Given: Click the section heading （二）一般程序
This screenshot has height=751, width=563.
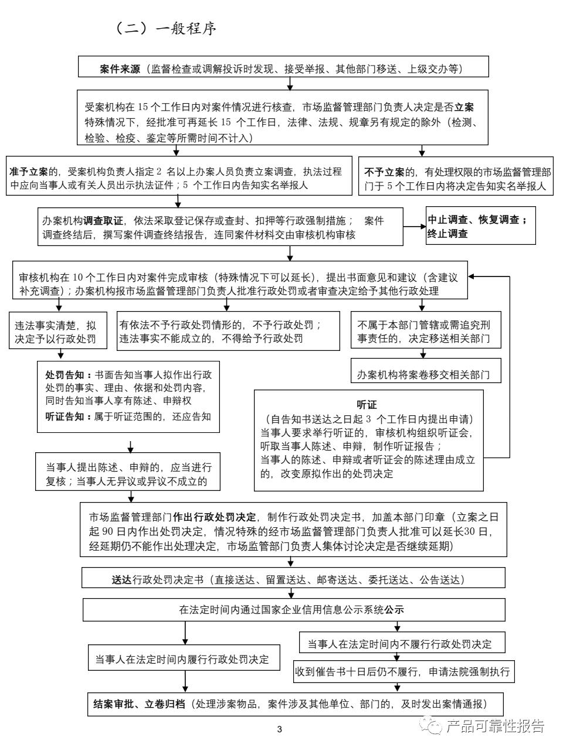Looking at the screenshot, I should coord(167,29).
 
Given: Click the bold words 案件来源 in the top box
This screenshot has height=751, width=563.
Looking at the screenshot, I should coord(120,69).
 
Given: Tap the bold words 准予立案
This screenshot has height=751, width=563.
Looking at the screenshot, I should coord(29,172).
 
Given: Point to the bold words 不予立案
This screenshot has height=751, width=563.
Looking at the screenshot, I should coord(384,172).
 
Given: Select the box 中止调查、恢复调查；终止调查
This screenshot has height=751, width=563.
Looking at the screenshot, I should coord(480,227).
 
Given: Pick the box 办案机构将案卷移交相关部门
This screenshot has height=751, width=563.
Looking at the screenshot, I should coord(423,374).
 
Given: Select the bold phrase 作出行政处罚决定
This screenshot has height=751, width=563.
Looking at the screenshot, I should coord(215,517).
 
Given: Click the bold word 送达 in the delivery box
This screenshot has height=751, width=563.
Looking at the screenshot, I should coord(122,579).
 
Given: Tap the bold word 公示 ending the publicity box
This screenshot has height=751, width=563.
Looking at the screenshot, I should coord(394,609).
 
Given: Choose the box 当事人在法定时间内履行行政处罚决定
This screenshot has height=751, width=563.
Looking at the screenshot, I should coord(182,659).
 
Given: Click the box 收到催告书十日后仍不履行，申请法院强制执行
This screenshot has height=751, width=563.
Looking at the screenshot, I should coord(404,671).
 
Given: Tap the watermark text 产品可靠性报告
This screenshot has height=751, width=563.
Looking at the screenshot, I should coord(496,726).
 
